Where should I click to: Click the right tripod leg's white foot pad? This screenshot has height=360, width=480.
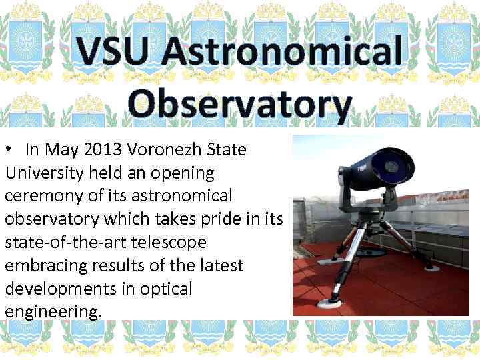431,267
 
